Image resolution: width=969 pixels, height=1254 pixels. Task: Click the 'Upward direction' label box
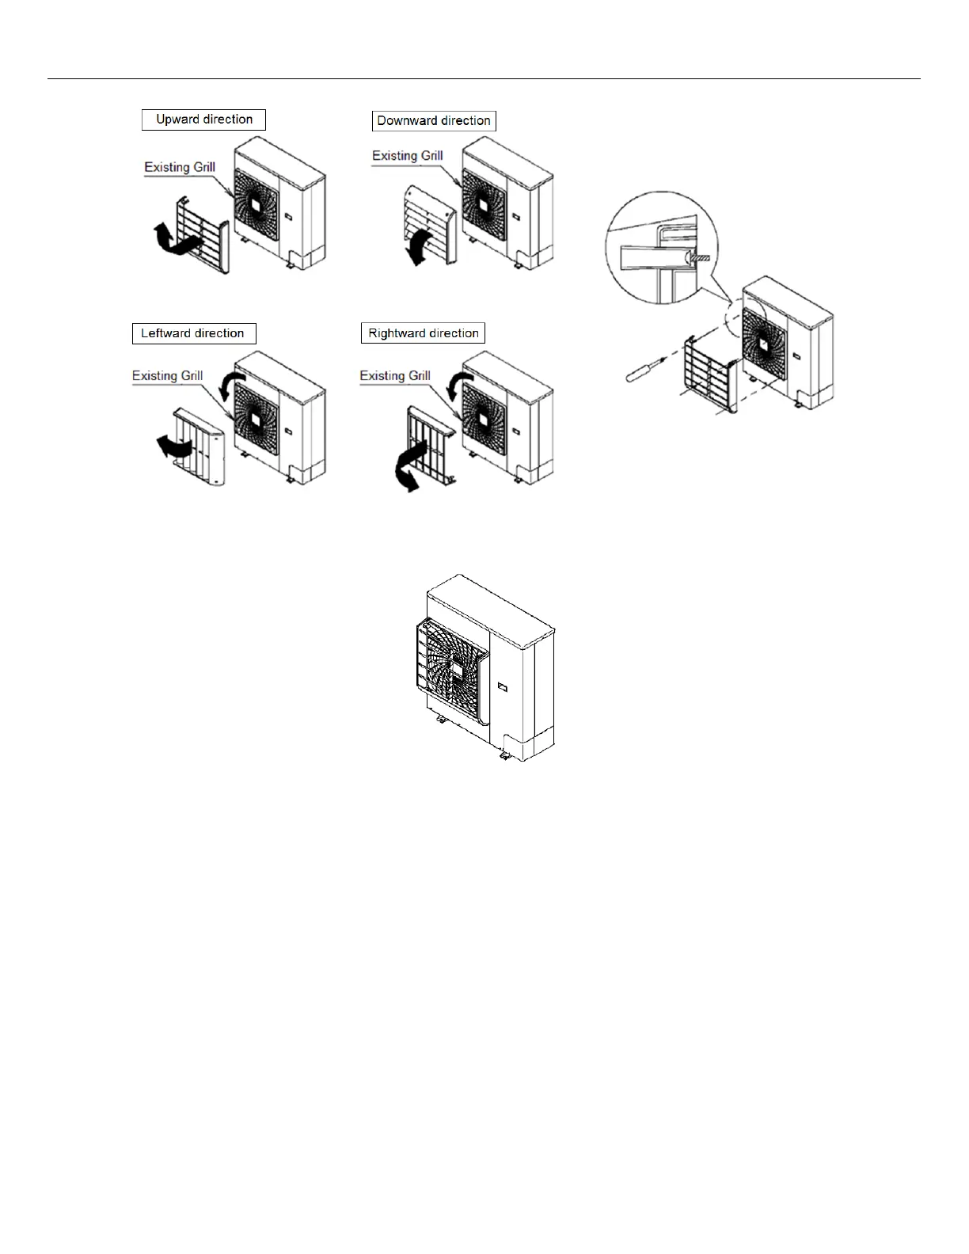click(203, 120)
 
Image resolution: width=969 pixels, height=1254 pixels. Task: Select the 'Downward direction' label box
click(434, 121)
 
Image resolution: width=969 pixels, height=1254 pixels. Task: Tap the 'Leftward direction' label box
click(193, 333)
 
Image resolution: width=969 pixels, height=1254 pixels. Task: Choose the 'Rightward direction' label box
click(423, 333)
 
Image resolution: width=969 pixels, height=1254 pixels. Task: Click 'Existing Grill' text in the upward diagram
click(180, 167)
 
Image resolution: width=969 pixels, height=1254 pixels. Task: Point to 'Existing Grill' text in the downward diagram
click(407, 156)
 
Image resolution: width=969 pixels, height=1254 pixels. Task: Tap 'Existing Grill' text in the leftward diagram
click(167, 376)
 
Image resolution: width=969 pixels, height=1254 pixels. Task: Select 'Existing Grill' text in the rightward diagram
click(395, 376)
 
